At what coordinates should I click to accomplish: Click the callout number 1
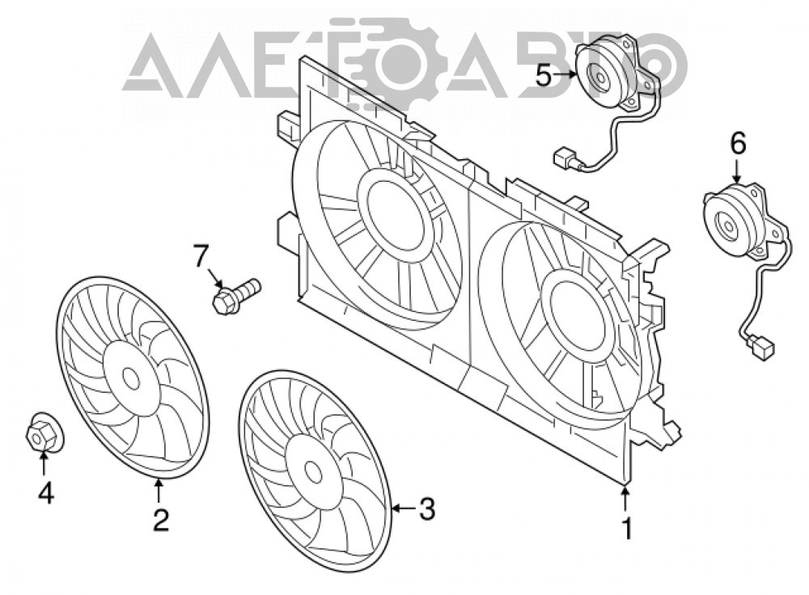point(627,529)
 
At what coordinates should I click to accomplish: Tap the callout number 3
point(426,508)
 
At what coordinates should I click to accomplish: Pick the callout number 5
point(544,76)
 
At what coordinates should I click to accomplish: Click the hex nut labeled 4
point(40,437)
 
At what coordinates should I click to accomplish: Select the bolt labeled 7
point(236,295)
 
